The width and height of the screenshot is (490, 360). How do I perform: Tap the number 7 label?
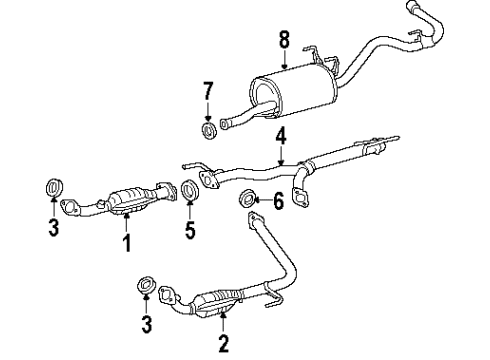[208, 93]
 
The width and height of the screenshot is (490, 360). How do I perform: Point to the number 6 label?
[279, 201]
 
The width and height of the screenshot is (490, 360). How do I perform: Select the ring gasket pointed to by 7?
[208, 132]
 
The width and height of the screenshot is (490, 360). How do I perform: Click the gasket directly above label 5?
[187, 190]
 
